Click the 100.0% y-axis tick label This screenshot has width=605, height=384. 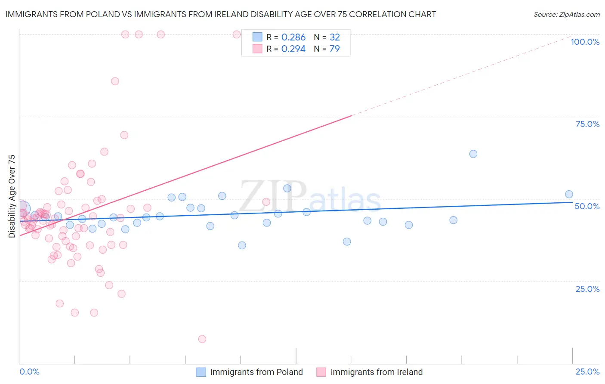coord(585,42)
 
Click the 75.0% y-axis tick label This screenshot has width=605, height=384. coord(587,124)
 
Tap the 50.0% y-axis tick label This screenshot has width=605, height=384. coord(587,206)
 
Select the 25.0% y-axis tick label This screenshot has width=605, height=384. coord(587,289)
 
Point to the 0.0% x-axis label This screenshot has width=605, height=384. coord(29,372)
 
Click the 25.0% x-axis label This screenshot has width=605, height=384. coord(587,372)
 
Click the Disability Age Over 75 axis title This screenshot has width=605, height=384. coord(12,196)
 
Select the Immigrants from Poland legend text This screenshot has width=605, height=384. coord(256,372)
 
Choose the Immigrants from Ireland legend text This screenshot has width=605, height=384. coord(377,372)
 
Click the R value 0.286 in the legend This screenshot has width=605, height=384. coord(293,37)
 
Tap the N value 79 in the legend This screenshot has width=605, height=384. coord(334,49)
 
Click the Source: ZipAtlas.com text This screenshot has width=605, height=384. coord(566,15)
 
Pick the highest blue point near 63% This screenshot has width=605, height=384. coord(473,154)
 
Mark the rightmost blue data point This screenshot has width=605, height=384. coord(569,194)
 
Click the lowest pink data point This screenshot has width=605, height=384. coord(202,339)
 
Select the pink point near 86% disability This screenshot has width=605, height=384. coord(115,81)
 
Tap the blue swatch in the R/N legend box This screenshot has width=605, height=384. coord(257,37)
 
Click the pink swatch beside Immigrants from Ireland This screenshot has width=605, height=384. coord(321,372)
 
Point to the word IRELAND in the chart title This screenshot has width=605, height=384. coord(261,15)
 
